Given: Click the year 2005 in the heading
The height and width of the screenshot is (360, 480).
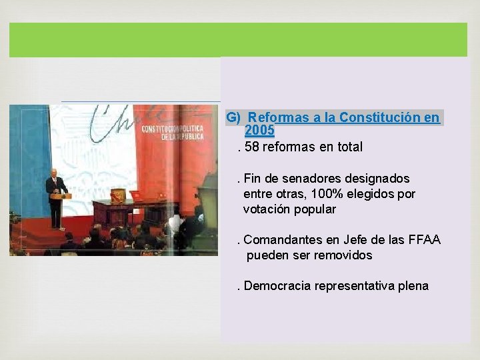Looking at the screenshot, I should [259, 130].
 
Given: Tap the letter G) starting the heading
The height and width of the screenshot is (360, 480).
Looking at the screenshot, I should [233, 117].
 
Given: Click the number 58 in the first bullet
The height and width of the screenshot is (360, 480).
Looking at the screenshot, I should [253, 147].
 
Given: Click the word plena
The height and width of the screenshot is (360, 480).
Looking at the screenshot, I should [413, 286].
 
